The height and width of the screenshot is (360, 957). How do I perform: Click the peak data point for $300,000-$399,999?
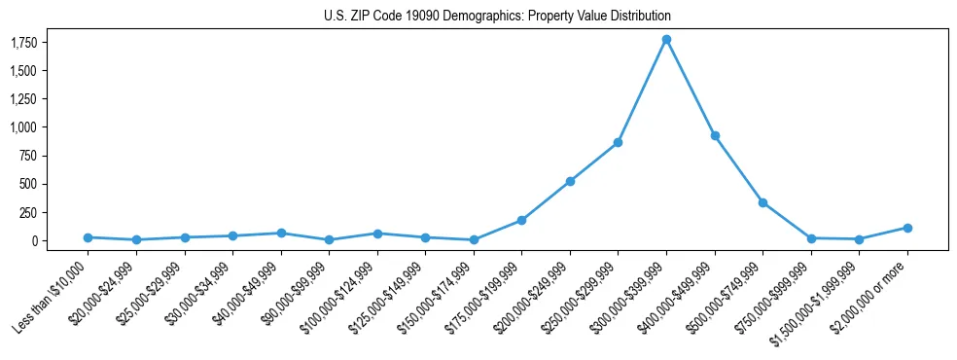[x=666, y=40]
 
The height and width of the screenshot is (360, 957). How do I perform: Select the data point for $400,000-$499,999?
[x=715, y=136]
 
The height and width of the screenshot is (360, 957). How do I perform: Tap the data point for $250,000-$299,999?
[x=618, y=143]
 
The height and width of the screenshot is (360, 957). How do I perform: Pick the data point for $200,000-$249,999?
[x=570, y=181]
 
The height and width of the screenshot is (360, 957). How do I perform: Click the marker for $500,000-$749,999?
[x=762, y=202]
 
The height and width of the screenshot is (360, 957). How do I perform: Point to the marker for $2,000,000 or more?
[x=907, y=228]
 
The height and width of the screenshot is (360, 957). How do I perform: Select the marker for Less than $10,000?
[x=88, y=237]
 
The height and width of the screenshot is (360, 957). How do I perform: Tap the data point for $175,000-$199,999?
[x=521, y=220]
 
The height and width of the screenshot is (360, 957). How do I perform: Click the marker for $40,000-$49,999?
[x=280, y=234]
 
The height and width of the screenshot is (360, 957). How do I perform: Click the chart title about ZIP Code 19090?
[x=497, y=17]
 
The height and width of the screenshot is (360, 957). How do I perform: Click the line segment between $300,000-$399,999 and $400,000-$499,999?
[x=691, y=88]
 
